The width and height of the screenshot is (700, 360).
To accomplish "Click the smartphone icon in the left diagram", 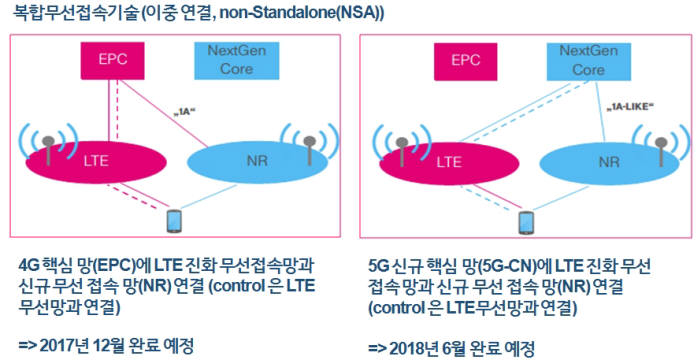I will pyautogui.click(x=172, y=219).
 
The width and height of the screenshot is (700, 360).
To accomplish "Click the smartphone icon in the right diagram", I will pyautogui.click(x=531, y=219).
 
